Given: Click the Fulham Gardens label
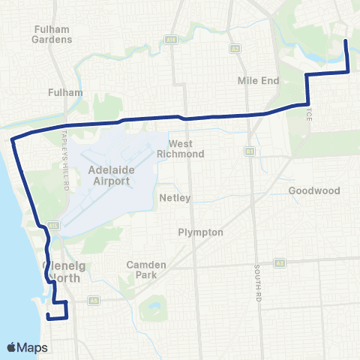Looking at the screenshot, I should coord(52,34).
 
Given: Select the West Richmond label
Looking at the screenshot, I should coord(186,148).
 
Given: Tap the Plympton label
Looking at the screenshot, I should coord(200,232).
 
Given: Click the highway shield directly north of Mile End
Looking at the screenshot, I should coord(235,49).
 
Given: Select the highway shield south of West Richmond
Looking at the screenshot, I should coord(250,151).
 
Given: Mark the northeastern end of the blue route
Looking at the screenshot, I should coord(345,40).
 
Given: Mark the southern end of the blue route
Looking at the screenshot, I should coord(48,317).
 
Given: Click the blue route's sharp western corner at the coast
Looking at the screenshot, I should coord(11,139).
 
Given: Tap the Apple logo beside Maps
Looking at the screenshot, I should coord(12,347).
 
